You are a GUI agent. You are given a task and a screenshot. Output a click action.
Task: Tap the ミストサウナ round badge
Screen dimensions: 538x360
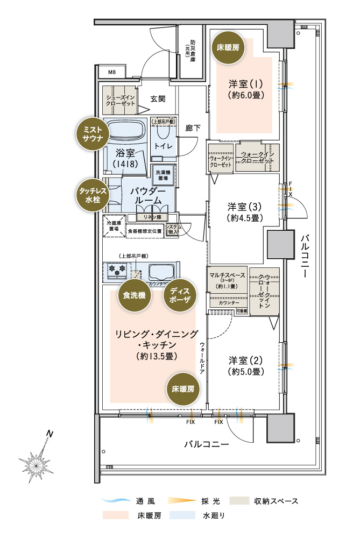tap(90, 131)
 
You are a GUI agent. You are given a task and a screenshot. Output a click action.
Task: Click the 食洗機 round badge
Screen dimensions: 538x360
tap(133, 295)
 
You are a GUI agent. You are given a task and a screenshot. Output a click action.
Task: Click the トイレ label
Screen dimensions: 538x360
tap(163, 146)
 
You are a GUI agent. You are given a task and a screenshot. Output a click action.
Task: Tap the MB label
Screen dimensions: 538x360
tap(111, 72)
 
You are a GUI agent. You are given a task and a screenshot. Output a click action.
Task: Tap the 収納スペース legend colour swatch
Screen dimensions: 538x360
tap(241, 501)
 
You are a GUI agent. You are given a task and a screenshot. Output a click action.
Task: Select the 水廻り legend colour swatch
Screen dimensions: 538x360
tap(182, 515)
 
